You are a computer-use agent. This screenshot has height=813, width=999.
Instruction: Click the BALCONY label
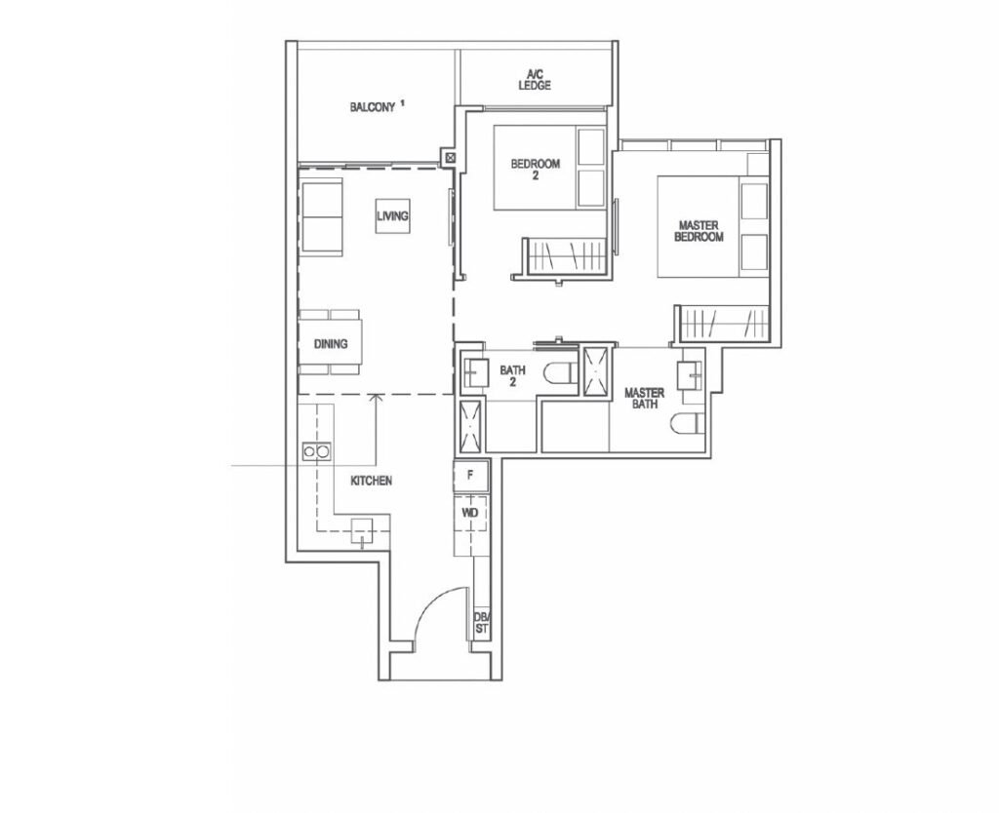coord(372,107)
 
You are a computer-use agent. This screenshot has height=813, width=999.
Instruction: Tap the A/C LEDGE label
coord(534,80)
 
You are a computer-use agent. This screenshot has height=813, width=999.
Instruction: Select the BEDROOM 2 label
coord(536,169)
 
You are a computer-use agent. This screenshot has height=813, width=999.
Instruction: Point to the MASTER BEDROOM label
coord(699,231)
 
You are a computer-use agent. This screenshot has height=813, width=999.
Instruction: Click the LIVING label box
coord(392,215)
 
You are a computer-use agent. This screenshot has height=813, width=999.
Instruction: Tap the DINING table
coord(331,343)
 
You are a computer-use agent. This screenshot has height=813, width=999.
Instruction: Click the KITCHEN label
coord(372,481)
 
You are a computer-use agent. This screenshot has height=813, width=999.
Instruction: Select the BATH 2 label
coord(512,375)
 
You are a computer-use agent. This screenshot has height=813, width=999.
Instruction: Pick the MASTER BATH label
coord(644,398)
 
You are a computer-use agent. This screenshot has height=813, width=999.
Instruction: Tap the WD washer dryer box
coord(471,513)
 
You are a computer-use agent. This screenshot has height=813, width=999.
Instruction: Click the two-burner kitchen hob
coord(317,451)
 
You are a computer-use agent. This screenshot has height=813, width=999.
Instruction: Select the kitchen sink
coord(362,531)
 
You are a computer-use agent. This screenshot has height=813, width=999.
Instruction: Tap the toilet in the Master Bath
coord(688,422)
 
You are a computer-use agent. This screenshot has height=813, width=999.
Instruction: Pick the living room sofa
coord(322,217)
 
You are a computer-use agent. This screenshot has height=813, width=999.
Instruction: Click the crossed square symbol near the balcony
coord(451,157)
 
